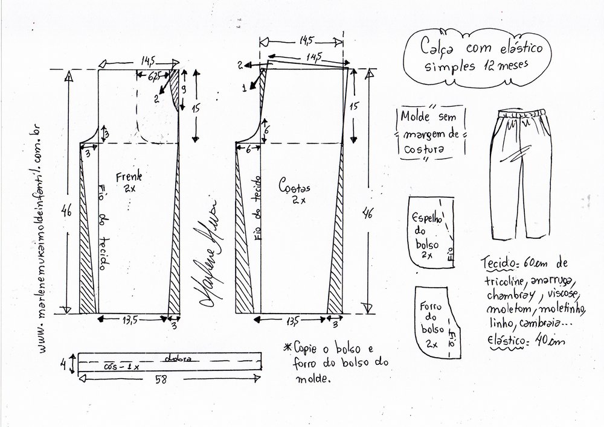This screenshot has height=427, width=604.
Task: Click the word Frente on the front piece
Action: point(132,177)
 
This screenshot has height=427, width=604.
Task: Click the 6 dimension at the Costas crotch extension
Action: point(248,152)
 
